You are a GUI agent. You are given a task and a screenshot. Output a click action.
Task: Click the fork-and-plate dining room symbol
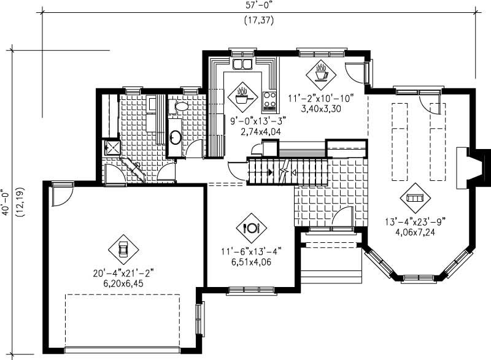[x=252, y=228]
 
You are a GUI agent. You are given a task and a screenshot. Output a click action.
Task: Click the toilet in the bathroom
[x=180, y=106]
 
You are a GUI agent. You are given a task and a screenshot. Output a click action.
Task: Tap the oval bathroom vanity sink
[x=175, y=135]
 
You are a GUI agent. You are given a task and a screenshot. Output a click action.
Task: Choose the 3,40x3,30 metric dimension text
[x=321, y=109]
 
